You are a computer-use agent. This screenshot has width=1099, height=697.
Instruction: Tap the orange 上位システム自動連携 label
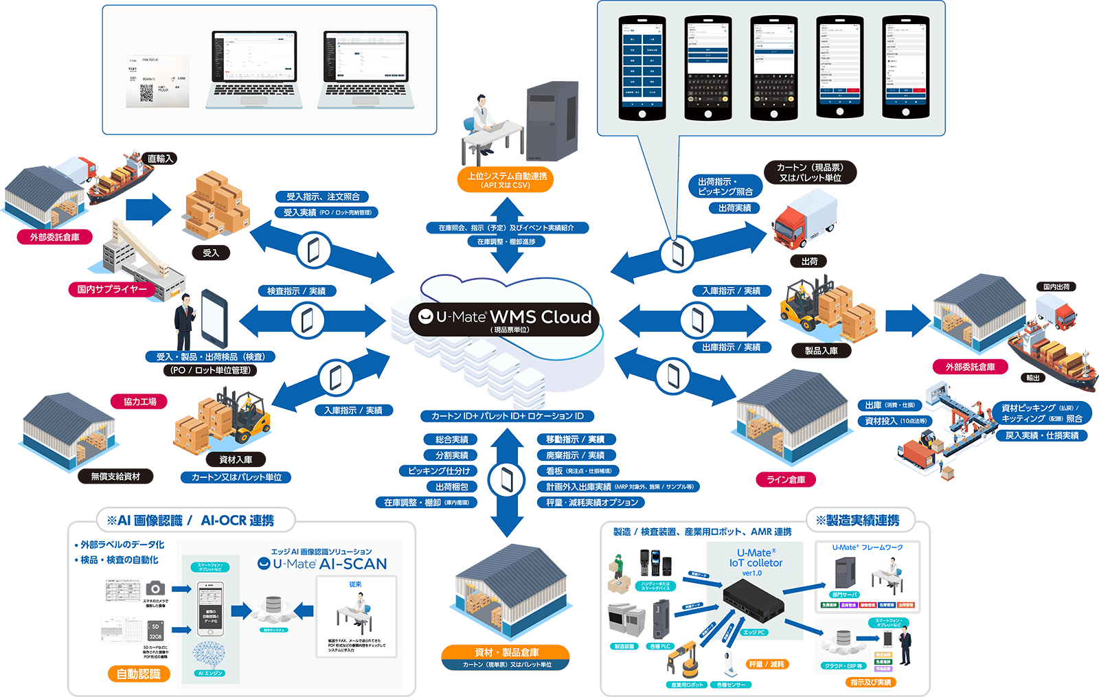(x=506, y=180)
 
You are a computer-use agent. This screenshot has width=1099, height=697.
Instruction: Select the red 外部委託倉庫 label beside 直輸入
(x=55, y=238)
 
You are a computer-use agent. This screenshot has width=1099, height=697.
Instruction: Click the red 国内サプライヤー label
(x=112, y=290)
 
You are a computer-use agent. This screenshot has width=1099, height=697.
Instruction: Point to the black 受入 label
(x=211, y=253)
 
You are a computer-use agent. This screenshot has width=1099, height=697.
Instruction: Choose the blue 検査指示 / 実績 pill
(x=297, y=291)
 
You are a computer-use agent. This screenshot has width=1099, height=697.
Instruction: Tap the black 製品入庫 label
(x=821, y=351)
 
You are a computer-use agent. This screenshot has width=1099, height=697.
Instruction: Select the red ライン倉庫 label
(x=786, y=480)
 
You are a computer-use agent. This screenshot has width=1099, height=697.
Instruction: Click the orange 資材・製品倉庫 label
(x=506, y=652)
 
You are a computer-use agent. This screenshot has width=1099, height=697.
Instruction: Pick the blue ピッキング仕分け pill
(x=439, y=471)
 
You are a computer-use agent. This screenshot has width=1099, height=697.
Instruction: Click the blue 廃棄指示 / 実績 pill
(x=576, y=455)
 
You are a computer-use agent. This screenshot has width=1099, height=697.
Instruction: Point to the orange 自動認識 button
(x=139, y=674)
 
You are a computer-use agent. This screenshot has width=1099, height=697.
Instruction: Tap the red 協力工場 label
(x=140, y=402)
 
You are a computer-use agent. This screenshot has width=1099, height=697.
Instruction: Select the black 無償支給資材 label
(x=115, y=477)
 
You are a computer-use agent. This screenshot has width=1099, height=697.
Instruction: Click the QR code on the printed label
(x=147, y=93)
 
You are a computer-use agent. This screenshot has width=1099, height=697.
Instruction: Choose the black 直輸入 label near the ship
(x=160, y=159)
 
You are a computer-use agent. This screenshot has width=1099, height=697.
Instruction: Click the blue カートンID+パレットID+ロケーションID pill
(x=507, y=416)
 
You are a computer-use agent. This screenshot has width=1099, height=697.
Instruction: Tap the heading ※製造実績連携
(x=857, y=521)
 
